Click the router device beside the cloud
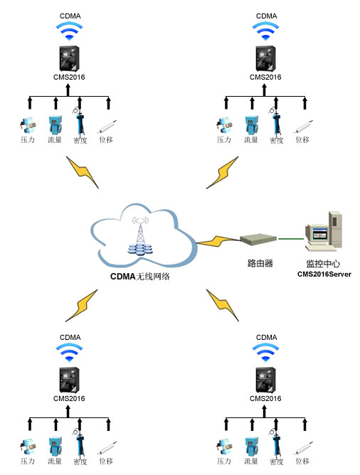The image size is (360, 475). [258, 238]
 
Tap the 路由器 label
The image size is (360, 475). [260, 263]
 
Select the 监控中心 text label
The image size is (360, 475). [323, 263]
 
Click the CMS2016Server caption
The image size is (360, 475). [324, 274]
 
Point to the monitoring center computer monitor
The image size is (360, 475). [317, 234]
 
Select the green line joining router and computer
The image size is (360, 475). [291, 239]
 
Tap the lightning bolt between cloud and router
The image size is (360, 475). [218, 241]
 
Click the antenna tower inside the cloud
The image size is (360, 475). [139, 235]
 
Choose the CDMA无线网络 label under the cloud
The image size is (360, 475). [140, 277]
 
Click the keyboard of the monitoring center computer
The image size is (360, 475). [320, 248]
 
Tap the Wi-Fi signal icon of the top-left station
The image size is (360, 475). [70, 31]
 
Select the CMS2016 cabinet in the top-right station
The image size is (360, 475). [265, 58]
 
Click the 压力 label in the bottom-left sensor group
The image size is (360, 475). [28, 461]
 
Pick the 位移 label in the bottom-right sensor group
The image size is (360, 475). [302, 461]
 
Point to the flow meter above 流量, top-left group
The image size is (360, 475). [55, 125]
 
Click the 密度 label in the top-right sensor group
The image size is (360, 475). [276, 140]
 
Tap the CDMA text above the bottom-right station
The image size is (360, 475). [266, 338]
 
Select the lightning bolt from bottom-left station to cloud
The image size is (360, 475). [82, 306]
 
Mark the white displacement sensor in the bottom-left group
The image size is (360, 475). [107, 448]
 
